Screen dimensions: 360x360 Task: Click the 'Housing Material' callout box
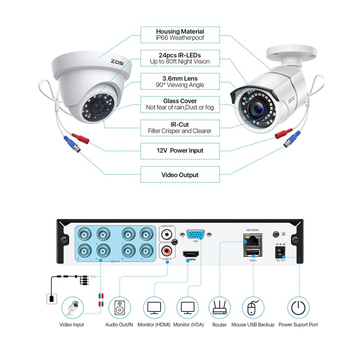(180, 35)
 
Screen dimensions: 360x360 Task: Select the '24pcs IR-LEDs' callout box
(180, 58)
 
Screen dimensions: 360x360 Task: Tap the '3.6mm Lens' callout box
(180, 81)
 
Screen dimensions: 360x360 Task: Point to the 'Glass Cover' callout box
(180, 104)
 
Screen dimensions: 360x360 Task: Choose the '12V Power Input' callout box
(180, 150)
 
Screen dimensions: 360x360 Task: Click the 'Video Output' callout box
(180, 175)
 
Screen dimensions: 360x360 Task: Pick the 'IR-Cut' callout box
(180, 127)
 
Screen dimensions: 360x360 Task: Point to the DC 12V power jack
(281, 250)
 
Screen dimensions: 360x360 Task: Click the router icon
(219, 309)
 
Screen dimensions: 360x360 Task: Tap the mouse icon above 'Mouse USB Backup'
(252, 309)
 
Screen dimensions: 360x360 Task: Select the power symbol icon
(298, 309)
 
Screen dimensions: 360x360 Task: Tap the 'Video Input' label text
(72, 324)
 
